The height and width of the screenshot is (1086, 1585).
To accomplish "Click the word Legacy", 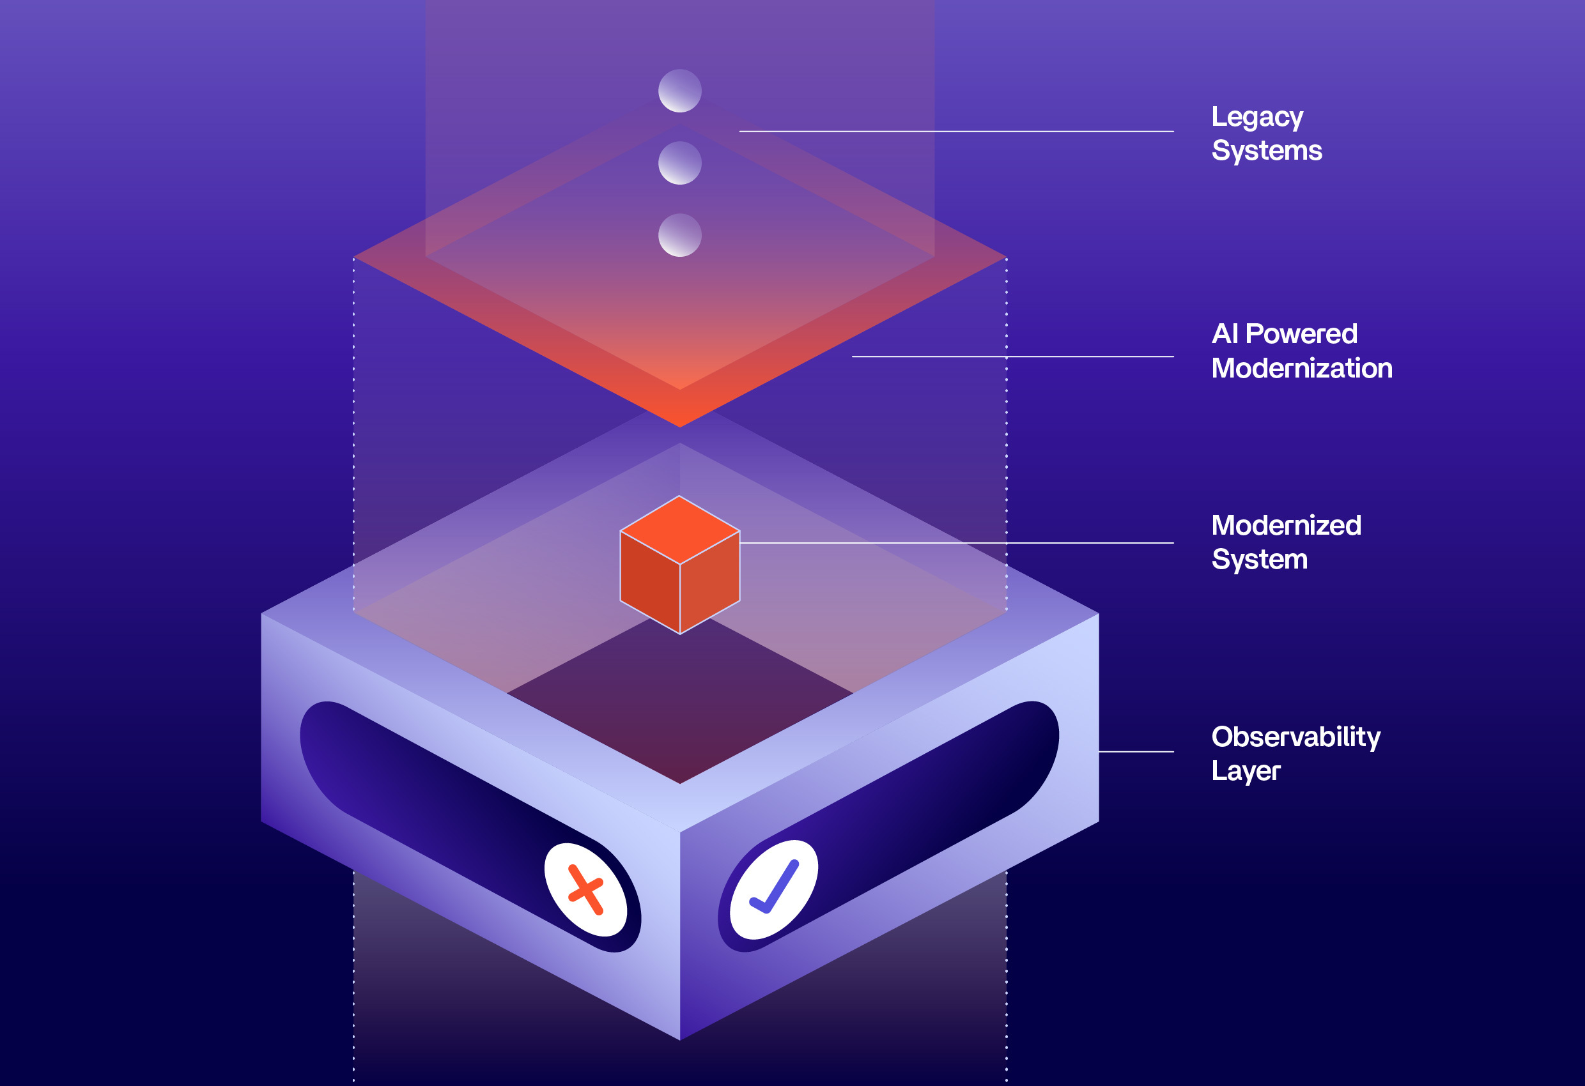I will [1257, 118].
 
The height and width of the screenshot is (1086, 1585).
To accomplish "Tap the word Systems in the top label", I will [1267, 151].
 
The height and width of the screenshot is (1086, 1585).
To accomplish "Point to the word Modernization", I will [1301, 369].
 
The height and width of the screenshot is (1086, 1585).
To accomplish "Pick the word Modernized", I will [1286, 526].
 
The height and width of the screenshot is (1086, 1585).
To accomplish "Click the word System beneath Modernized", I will [1259, 560].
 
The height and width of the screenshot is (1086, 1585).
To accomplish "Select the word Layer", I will [1246, 771].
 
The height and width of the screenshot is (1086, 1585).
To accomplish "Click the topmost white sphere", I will [679, 91].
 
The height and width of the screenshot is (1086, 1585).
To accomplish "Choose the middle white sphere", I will [679, 163].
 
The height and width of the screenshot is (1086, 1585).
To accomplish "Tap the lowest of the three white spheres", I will [679, 235].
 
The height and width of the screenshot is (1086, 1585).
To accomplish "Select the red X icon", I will [585, 890].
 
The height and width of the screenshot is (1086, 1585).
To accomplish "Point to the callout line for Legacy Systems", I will [955, 131].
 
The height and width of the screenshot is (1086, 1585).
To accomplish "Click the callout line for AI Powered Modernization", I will [1012, 356].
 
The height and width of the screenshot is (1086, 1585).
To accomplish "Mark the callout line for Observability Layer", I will [1136, 752].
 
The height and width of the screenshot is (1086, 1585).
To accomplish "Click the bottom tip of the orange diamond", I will [679, 425].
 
